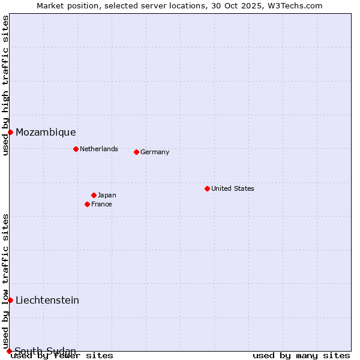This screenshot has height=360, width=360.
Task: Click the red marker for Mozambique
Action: pyautogui.click(x=10, y=132)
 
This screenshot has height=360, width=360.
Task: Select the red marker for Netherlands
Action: pyautogui.click(x=76, y=149)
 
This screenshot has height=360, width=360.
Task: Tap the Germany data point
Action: pyautogui.click(x=136, y=152)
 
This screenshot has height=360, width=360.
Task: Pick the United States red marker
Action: pyautogui.click(x=207, y=188)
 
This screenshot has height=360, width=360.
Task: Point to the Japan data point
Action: pyautogui.click(x=94, y=195)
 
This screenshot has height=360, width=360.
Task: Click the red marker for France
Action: pyautogui.click(x=87, y=204)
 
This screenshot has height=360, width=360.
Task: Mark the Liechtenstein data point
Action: pyautogui.click(x=10, y=300)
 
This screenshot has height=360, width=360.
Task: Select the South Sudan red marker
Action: pyautogui.click(x=9, y=351)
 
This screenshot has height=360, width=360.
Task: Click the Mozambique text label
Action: pyautogui.click(x=46, y=132)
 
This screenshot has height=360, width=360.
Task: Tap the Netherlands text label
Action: pyautogui.click(x=99, y=149)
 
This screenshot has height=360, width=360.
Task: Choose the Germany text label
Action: pyautogui.click(x=155, y=152)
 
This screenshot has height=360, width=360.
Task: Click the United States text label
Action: pyautogui.click(x=233, y=188)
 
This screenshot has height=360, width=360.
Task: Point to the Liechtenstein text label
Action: pyautogui.click(x=47, y=300)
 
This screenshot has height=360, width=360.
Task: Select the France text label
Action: pyautogui.click(x=101, y=204)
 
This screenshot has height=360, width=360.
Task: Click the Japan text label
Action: pyautogui.click(x=107, y=195)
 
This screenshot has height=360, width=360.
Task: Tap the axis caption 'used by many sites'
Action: pyautogui.click(x=301, y=355)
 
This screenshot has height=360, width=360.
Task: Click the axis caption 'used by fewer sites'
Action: pyautogui.click(x=62, y=355)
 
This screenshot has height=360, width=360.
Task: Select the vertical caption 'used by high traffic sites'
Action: pyautogui.click(x=5, y=85)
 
